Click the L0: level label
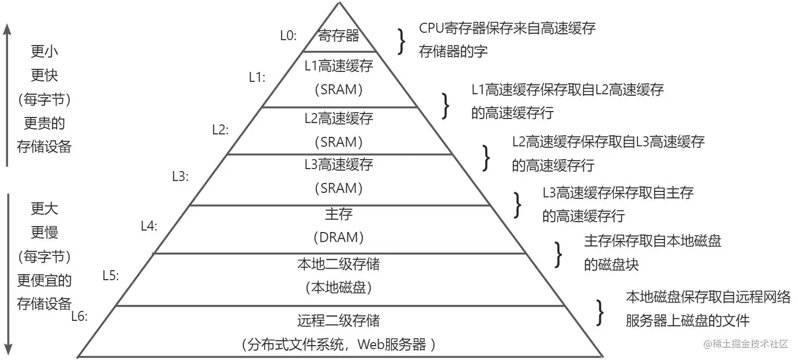click(x=288, y=36)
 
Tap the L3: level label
click(x=181, y=177)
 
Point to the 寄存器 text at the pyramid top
click(x=339, y=36)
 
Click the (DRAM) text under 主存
click(x=339, y=238)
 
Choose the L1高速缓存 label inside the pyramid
click(x=339, y=66)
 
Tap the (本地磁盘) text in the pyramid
click(x=339, y=288)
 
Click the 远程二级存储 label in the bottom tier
click(x=339, y=320)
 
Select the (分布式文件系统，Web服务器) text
click(x=339, y=345)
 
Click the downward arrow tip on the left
click(x=7, y=351)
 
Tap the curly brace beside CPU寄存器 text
click(x=403, y=41)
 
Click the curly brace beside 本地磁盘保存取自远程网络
click(x=600, y=312)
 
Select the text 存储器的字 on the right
click(x=453, y=51)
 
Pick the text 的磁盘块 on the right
click(x=611, y=264)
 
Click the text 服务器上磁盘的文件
click(x=687, y=320)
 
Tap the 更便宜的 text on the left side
click(x=44, y=280)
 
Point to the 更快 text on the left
click(x=44, y=76)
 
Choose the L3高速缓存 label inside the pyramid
click(x=339, y=164)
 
